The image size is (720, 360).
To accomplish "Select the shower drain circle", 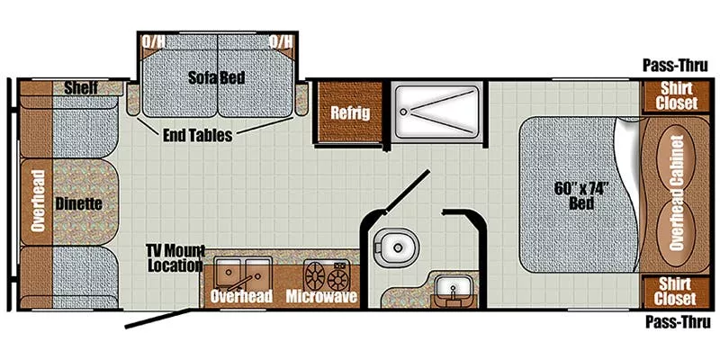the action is pyautogui.click(x=403, y=111).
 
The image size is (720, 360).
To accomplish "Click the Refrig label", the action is pyautogui.click(x=350, y=112).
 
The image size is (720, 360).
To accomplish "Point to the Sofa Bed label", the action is pyautogui.click(x=216, y=77).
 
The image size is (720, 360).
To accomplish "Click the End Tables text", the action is pyautogui.click(x=197, y=135).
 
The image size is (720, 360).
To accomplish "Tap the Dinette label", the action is pyautogui.click(x=78, y=204).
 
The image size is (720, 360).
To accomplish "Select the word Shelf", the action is pyautogui.click(x=81, y=87).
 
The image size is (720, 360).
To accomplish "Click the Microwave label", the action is pyautogui.click(x=321, y=296).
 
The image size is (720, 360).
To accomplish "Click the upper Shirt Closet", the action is pyautogui.click(x=677, y=95).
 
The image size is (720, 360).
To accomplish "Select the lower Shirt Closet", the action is pyautogui.click(x=676, y=292).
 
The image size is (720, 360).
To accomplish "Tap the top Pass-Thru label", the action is pyautogui.click(x=675, y=66).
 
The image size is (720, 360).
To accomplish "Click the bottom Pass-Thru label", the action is pyautogui.click(x=678, y=322).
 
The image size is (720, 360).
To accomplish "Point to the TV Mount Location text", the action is pyautogui.click(x=175, y=258).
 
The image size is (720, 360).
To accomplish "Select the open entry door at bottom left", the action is pyautogui.click(x=158, y=319).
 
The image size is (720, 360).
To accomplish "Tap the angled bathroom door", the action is pyautogui.click(x=407, y=191).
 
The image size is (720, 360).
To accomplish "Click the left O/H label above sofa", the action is pyautogui.click(x=153, y=41).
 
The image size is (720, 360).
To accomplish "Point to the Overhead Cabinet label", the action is pyautogui.click(x=677, y=193).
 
